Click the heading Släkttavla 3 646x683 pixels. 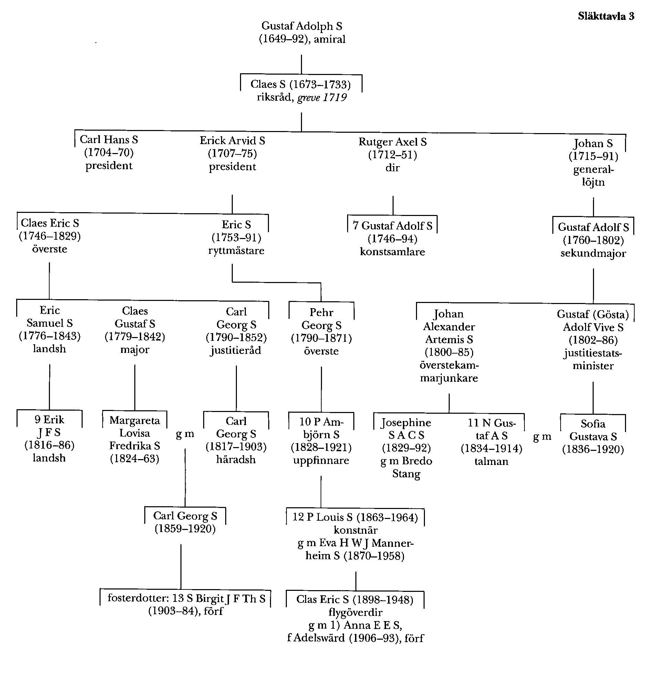point(606,16)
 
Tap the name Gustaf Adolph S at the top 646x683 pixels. point(302,26)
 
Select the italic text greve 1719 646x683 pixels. point(322,98)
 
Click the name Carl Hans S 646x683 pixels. point(109,140)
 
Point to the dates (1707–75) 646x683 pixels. point(232,153)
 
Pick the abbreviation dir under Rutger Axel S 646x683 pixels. point(393,168)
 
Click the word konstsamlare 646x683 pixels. point(393,252)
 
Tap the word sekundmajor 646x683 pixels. point(593,253)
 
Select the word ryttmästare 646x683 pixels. point(236,251)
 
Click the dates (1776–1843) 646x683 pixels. point(50,336)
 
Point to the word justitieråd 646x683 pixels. point(236,351)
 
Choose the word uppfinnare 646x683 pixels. point(321,460)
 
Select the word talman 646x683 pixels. point(491,461)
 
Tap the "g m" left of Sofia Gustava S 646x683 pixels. point(542,437)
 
